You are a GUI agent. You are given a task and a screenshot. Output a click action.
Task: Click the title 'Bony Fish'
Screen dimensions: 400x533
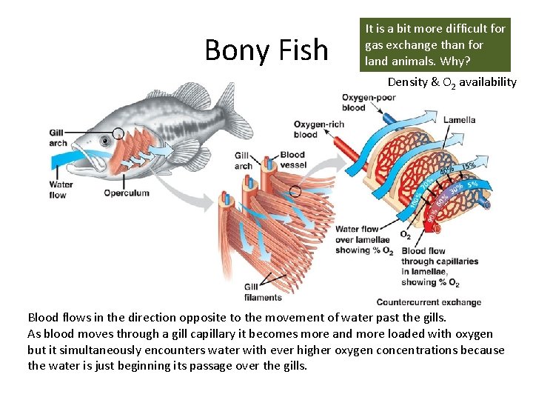click(266, 50)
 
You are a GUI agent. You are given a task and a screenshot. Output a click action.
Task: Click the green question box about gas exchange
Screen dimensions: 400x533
click(435, 44)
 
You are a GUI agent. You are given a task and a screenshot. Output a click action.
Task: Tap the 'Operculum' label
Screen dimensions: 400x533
click(126, 193)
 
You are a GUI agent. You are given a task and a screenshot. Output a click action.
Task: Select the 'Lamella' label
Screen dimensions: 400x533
click(460, 119)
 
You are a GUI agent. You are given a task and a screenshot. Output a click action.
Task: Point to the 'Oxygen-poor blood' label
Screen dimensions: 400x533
click(363, 102)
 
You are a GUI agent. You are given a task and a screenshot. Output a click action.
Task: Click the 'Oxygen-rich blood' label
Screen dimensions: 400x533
click(318, 129)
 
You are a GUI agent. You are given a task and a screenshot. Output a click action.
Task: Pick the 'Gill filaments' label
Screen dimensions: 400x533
click(263, 292)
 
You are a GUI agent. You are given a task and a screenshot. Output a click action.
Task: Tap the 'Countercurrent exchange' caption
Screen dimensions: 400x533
click(429, 302)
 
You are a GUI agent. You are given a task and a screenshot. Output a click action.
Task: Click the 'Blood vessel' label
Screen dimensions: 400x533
click(292, 160)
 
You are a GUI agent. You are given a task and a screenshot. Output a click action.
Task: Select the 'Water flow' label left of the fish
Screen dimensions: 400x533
click(60, 190)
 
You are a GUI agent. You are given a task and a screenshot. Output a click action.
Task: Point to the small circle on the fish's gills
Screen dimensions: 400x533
click(118, 136)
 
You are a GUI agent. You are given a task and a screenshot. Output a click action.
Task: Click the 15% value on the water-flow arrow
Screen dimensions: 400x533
click(469, 165)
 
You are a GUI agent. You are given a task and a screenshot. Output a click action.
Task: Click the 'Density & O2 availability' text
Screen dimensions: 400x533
click(452, 82)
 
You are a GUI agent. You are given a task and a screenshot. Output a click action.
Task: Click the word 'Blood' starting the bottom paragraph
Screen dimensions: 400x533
click(43, 317)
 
